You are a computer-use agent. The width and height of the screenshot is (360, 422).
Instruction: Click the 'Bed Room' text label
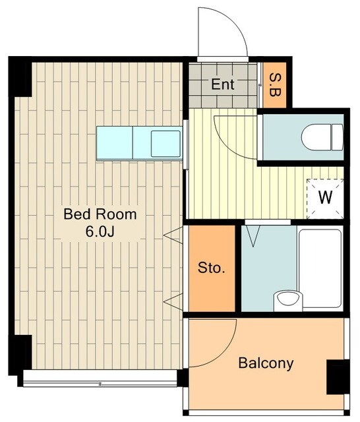pyautogui.click(x=100, y=214)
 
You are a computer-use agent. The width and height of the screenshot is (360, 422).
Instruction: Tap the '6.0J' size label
pyautogui.click(x=100, y=231)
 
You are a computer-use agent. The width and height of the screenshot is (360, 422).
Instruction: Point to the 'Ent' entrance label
pyautogui.click(x=222, y=84)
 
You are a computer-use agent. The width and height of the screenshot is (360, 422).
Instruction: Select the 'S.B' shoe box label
pyautogui.click(x=275, y=85)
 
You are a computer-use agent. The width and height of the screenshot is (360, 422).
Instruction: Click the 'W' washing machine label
pyautogui.click(x=325, y=197)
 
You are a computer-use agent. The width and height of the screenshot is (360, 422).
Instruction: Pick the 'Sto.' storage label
pyautogui.click(x=211, y=268)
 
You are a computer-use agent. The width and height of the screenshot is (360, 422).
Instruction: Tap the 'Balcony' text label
pyautogui.click(x=266, y=363)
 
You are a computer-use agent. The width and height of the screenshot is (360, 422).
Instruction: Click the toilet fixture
pyautogui.click(x=322, y=137)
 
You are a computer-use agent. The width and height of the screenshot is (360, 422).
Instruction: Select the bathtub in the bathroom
pyautogui.click(x=320, y=269)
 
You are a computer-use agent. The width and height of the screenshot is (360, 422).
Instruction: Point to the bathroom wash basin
pyautogui.click(x=288, y=301)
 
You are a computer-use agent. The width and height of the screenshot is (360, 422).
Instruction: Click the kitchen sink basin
pyautogui.click(x=165, y=144)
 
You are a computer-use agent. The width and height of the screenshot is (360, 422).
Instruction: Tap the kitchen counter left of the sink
pyautogui.click(x=115, y=143)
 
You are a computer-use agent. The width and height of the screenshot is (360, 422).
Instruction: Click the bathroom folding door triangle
pyautogui.click(x=253, y=236)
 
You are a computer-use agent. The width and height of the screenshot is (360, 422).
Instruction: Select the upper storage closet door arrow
pyautogui.click(x=173, y=235)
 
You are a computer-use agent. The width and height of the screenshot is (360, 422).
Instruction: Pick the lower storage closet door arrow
pyautogui.click(x=173, y=302)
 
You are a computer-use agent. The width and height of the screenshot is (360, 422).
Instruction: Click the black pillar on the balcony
pyautogui.click(x=338, y=377)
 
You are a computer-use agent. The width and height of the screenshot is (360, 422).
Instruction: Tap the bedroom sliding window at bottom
pyautogui.click(x=100, y=378)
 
